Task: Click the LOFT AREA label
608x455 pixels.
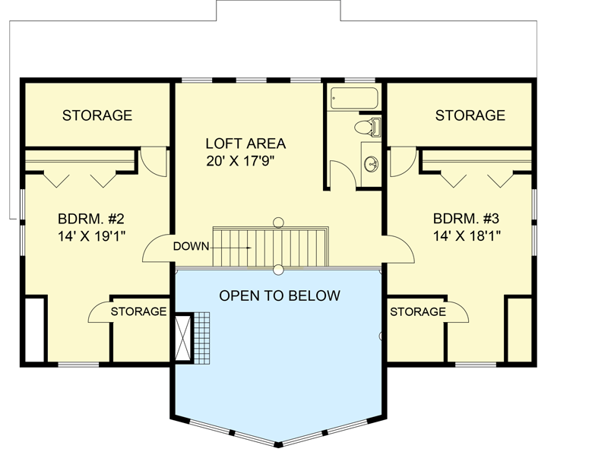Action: [245, 143]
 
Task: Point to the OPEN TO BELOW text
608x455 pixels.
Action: [280, 295]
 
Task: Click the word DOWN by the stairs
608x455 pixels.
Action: [190, 246]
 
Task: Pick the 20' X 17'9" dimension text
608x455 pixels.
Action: [245, 161]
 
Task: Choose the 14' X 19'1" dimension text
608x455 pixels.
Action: [90, 236]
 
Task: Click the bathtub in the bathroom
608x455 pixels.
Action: [353, 99]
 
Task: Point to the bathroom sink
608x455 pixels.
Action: [372, 163]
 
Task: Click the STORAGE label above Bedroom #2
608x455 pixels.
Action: [97, 115]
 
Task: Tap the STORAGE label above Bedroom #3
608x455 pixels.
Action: [470, 115]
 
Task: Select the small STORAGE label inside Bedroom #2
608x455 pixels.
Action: [138, 311]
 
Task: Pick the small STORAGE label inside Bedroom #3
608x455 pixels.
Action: [418, 311]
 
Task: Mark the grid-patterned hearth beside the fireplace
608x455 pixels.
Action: [201, 337]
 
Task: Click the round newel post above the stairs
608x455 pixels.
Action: [278, 222]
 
